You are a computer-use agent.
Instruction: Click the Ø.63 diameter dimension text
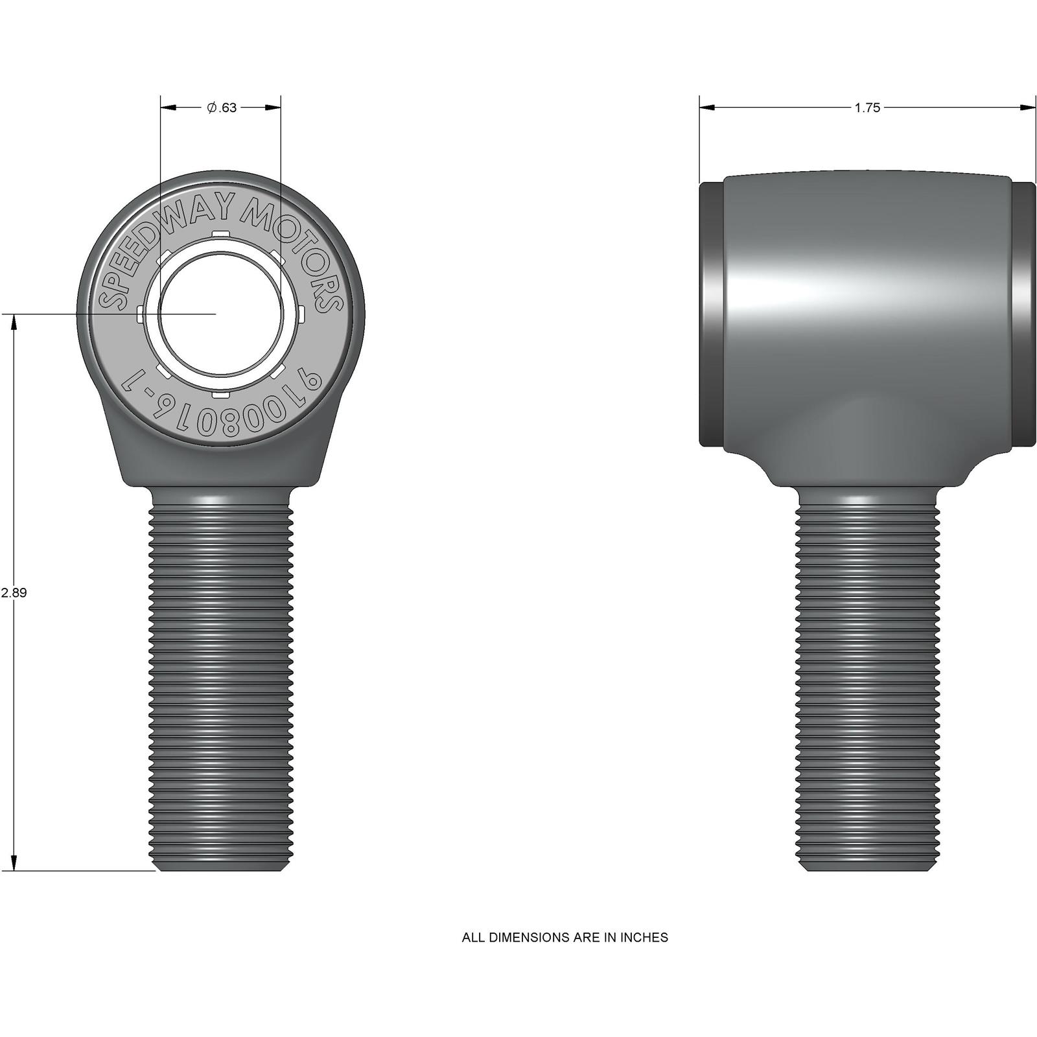click(222, 108)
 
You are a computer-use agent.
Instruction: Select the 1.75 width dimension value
click(867, 108)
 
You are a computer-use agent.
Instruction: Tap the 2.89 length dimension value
click(14, 592)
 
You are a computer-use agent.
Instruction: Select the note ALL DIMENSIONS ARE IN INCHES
click(565, 937)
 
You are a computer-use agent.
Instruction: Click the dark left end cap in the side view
click(711, 314)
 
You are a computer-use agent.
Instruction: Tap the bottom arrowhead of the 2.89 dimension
click(14, 863)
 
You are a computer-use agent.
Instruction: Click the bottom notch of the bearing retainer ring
click(221, 393)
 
